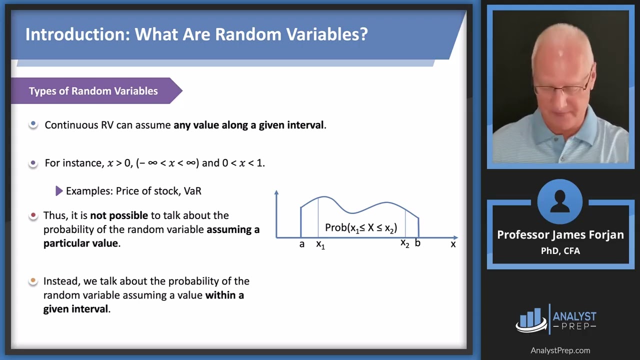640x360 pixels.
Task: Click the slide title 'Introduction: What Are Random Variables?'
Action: tap(196, 34)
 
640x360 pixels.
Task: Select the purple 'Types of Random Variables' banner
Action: tap(93, 91)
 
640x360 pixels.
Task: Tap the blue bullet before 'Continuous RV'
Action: tap(33, 124)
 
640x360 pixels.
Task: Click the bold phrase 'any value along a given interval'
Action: tap(249, 125)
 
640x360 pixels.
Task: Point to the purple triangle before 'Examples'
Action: tap(59, 191)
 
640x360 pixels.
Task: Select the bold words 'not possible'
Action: tap(119, 215)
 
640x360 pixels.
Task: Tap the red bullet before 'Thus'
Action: tap(33, 215)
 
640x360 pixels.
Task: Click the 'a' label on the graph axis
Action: tap(301, 244)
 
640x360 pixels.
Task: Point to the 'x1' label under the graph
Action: tap(320, 244)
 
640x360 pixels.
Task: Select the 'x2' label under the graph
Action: tap(404, 243)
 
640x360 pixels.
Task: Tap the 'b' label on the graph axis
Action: tap(417, 243)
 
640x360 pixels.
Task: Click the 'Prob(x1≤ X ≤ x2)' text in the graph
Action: tap(361, 228)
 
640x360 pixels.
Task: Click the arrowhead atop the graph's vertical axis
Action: tap(276, 192)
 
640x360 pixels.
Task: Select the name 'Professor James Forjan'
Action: tap(560, 235)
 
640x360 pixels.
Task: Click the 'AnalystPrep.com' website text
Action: tap(560, 350)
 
